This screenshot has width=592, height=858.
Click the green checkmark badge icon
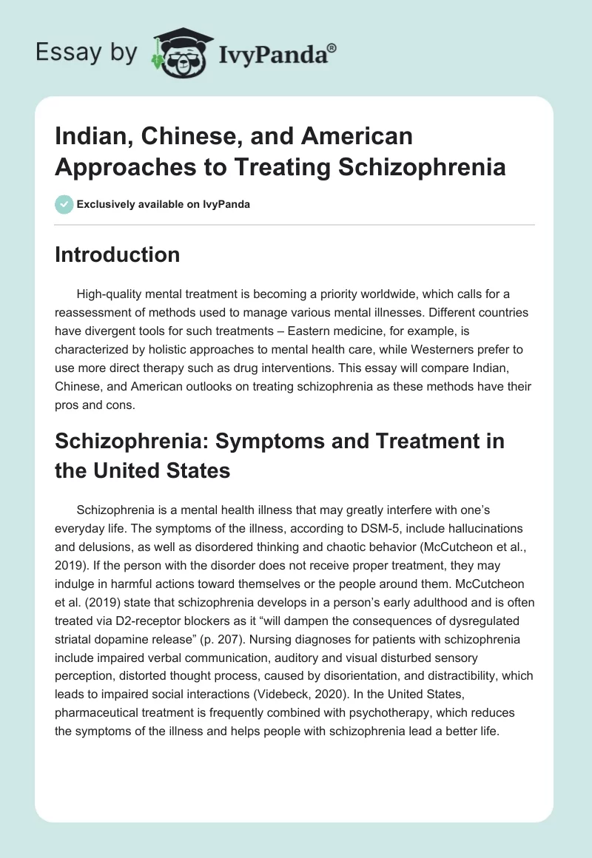coord(64,204)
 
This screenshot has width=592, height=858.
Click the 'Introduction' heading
coord(117,255)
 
